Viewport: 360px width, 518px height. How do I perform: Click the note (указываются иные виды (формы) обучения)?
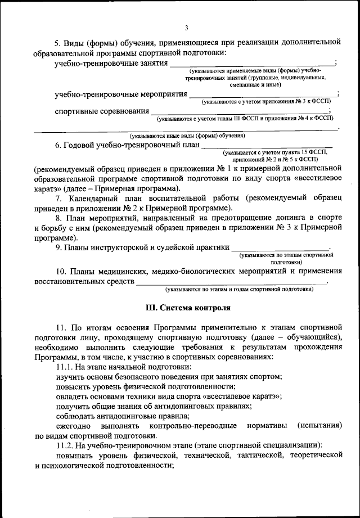pyautogui.click(x=187, y=136)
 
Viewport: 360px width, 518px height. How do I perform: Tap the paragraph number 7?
pyautogui.click(x=58, y=199)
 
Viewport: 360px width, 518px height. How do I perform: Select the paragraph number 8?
pyautogui.click(x=58, y=218)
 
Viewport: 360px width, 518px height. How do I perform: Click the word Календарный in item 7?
pyautogui.click(x=91, y=199)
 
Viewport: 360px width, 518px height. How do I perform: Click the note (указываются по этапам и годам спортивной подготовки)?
pyautogui.click(x=239, y=290)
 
